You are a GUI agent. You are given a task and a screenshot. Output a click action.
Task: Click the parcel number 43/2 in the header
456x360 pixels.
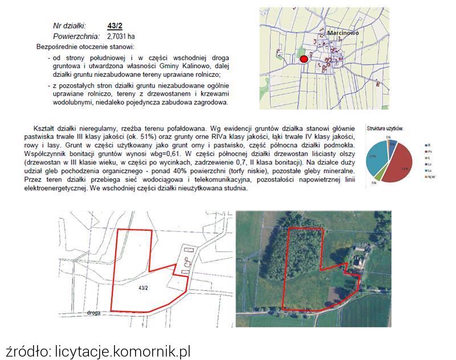click(x=115, y=26)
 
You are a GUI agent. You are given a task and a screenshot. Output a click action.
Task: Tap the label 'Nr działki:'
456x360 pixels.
click(x=69, y=26)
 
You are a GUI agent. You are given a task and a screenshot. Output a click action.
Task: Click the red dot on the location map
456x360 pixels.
click(x=304, y=59)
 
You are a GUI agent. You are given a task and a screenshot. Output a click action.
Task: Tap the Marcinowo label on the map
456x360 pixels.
click(x=343, y=34)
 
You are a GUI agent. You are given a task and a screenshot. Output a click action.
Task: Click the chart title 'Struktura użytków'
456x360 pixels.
click(x=385, y=129)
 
